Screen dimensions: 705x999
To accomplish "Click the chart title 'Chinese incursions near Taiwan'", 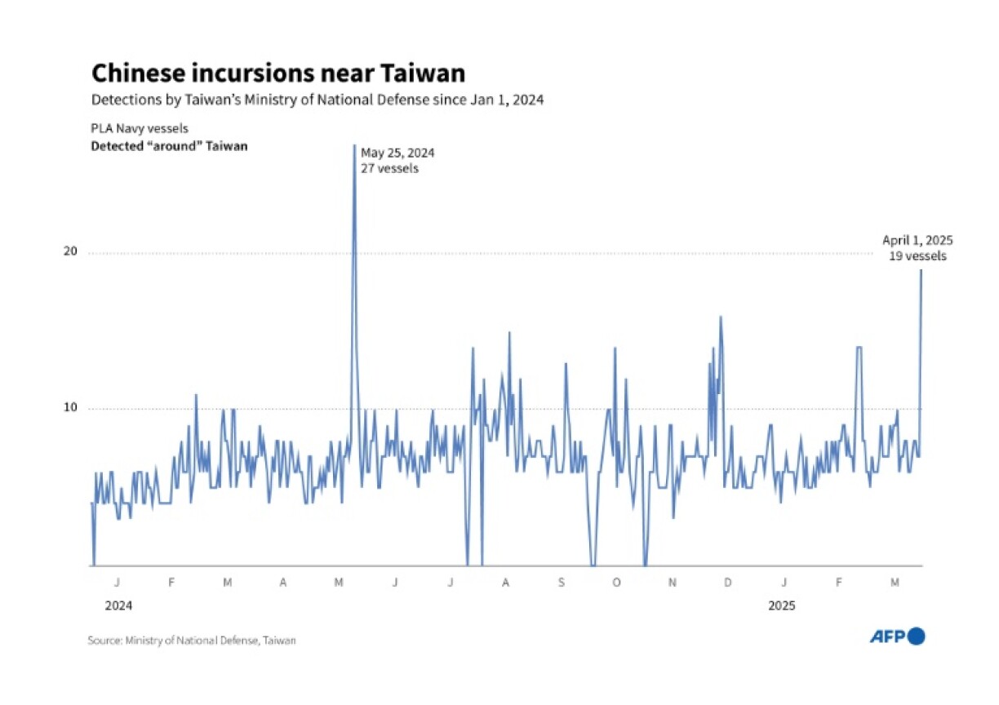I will point(277,73).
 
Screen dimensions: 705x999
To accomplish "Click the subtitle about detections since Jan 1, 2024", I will point(317,100).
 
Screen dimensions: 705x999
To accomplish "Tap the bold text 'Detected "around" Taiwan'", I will point(169,146).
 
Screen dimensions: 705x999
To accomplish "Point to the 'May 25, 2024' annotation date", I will point(397,153).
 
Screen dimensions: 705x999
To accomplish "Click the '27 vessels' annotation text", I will point(389,169).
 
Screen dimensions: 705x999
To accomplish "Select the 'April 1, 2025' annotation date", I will point(917,240).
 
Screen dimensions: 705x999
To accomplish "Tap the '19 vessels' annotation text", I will point(918,256).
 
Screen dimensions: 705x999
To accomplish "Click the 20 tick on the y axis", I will point(70,252).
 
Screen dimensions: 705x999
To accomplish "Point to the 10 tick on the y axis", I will point(70,408).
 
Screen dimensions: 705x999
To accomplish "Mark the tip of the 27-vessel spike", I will point(354,145).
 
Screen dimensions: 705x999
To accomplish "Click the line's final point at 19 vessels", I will point(921,270).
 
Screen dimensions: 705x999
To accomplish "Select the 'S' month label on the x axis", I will point(561,583).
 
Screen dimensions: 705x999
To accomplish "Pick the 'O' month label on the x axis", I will point(616,583).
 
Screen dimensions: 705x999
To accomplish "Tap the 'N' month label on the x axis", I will point(673,583).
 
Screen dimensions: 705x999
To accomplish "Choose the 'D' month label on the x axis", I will point(727,583).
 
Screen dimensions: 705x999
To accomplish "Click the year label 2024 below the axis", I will point(118,606).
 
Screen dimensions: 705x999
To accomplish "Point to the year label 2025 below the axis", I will point(783,606).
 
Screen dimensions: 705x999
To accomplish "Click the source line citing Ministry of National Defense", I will point(192,641).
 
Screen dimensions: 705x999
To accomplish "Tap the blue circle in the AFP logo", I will point(917,636).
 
